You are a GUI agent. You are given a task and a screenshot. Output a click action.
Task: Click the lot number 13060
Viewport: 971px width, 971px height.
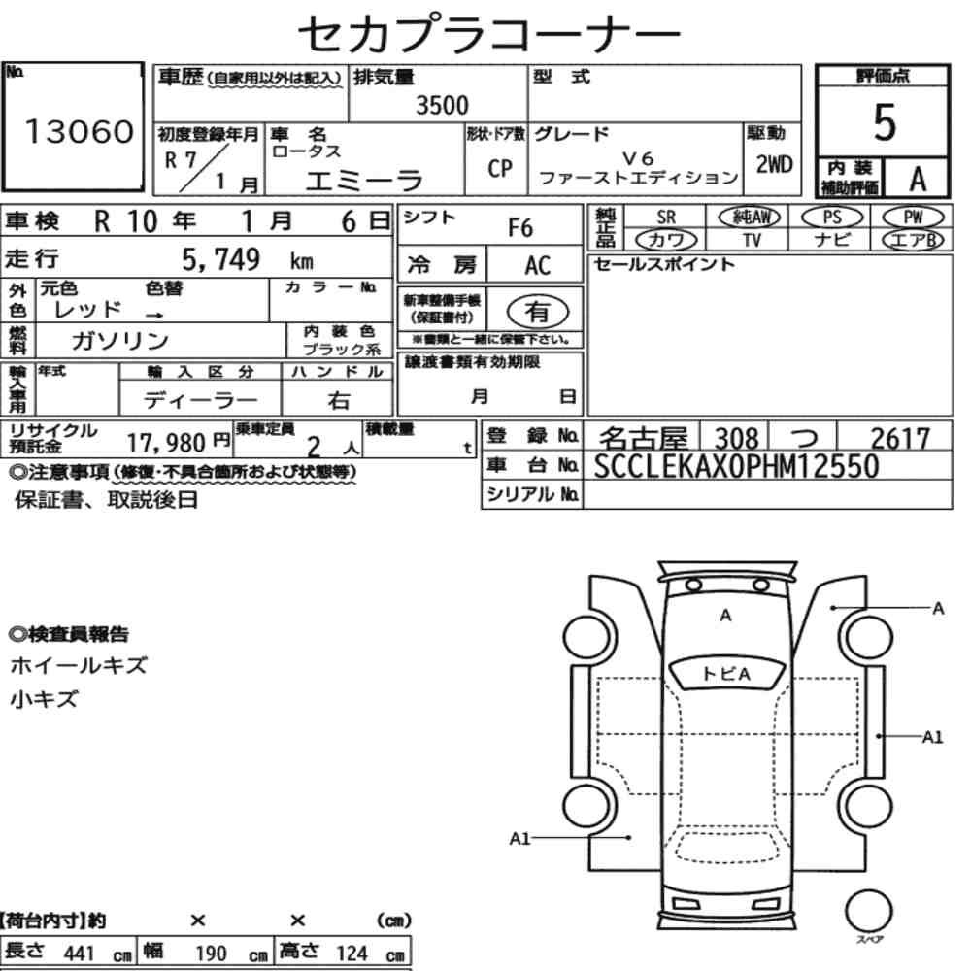(80, 131)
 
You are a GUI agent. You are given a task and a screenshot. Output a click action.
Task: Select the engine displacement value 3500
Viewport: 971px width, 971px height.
(442, 105)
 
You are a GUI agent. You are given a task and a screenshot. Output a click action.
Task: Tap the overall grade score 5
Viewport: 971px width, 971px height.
(885, 122)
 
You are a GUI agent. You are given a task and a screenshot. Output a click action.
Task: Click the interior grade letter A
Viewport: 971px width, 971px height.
(918, 179)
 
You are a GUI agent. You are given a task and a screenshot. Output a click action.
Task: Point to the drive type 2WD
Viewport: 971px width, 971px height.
(774, 165)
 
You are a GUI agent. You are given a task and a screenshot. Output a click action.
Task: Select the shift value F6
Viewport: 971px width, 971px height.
(520, 228)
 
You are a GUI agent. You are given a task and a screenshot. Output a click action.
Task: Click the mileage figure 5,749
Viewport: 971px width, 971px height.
(221, 259)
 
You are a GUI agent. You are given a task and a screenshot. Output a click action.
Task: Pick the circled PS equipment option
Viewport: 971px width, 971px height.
(832, 218)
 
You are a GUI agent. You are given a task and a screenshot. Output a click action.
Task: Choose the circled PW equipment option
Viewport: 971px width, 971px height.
(913, 218)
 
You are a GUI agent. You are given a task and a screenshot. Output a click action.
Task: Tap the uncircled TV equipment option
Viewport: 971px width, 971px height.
(752, 240)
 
